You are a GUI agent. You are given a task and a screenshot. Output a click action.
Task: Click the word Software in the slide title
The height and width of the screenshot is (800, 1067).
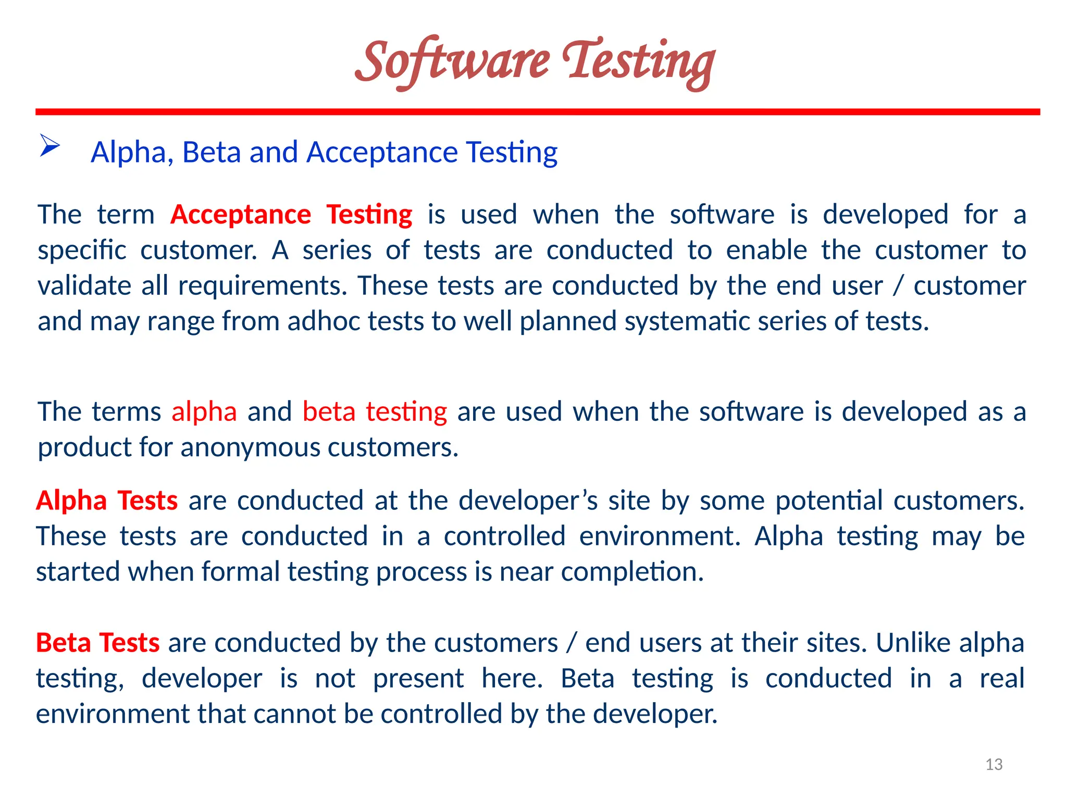point(452,61)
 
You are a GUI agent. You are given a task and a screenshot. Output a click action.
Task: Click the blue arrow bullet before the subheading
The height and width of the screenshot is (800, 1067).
point(50,145)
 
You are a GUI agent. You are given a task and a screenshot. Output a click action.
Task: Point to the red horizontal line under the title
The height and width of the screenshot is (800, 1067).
point(538,112)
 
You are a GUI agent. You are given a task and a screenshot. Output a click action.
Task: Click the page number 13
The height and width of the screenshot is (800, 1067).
point(994,764)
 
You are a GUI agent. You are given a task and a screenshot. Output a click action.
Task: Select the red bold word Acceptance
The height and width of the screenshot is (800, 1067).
point(241,215)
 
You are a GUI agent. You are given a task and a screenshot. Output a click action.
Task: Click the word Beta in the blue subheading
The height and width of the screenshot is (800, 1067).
point(211,152)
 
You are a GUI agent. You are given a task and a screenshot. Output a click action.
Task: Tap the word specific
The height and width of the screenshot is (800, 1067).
point(82,251)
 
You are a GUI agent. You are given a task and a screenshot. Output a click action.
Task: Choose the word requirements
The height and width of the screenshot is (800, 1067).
point(262,286)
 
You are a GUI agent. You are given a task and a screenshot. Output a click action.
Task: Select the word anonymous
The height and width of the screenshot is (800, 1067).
point(250,447)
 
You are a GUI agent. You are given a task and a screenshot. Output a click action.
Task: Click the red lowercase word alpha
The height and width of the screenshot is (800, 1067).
point(204,411)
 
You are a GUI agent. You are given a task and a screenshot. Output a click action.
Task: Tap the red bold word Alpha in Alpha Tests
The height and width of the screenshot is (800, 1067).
point(71,501)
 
